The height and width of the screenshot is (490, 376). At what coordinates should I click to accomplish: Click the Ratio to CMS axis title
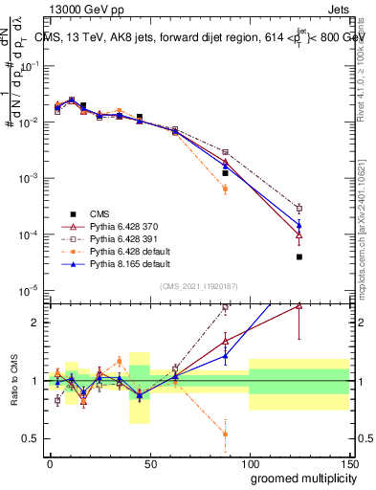(12, 381)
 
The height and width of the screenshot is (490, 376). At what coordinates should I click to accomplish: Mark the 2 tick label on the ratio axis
(36, 323)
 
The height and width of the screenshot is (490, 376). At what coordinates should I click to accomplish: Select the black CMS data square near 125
(299, 256)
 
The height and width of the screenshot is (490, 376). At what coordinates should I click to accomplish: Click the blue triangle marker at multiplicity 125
(299, 225)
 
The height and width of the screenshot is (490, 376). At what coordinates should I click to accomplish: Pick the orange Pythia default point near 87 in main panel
(225, 189)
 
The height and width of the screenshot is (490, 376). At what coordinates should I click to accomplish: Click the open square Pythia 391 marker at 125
(299, 208)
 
